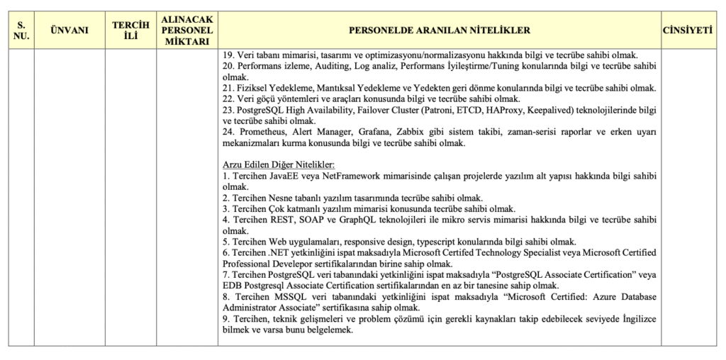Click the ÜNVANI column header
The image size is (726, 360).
coord(69,30)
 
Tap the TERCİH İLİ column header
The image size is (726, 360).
coord(131,30)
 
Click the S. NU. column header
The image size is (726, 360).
coord(21,30)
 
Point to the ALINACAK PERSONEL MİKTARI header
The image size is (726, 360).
coord(187,30)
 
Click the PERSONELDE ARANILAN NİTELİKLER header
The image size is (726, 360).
coord(439,30)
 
